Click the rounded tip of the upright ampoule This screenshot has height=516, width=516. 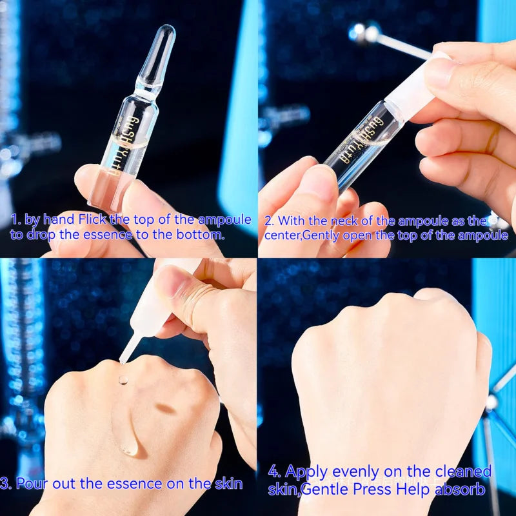(166, 32)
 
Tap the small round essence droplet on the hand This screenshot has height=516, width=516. (123, 381)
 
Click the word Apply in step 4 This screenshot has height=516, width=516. (306, 471)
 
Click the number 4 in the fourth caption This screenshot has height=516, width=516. (273, 471)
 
